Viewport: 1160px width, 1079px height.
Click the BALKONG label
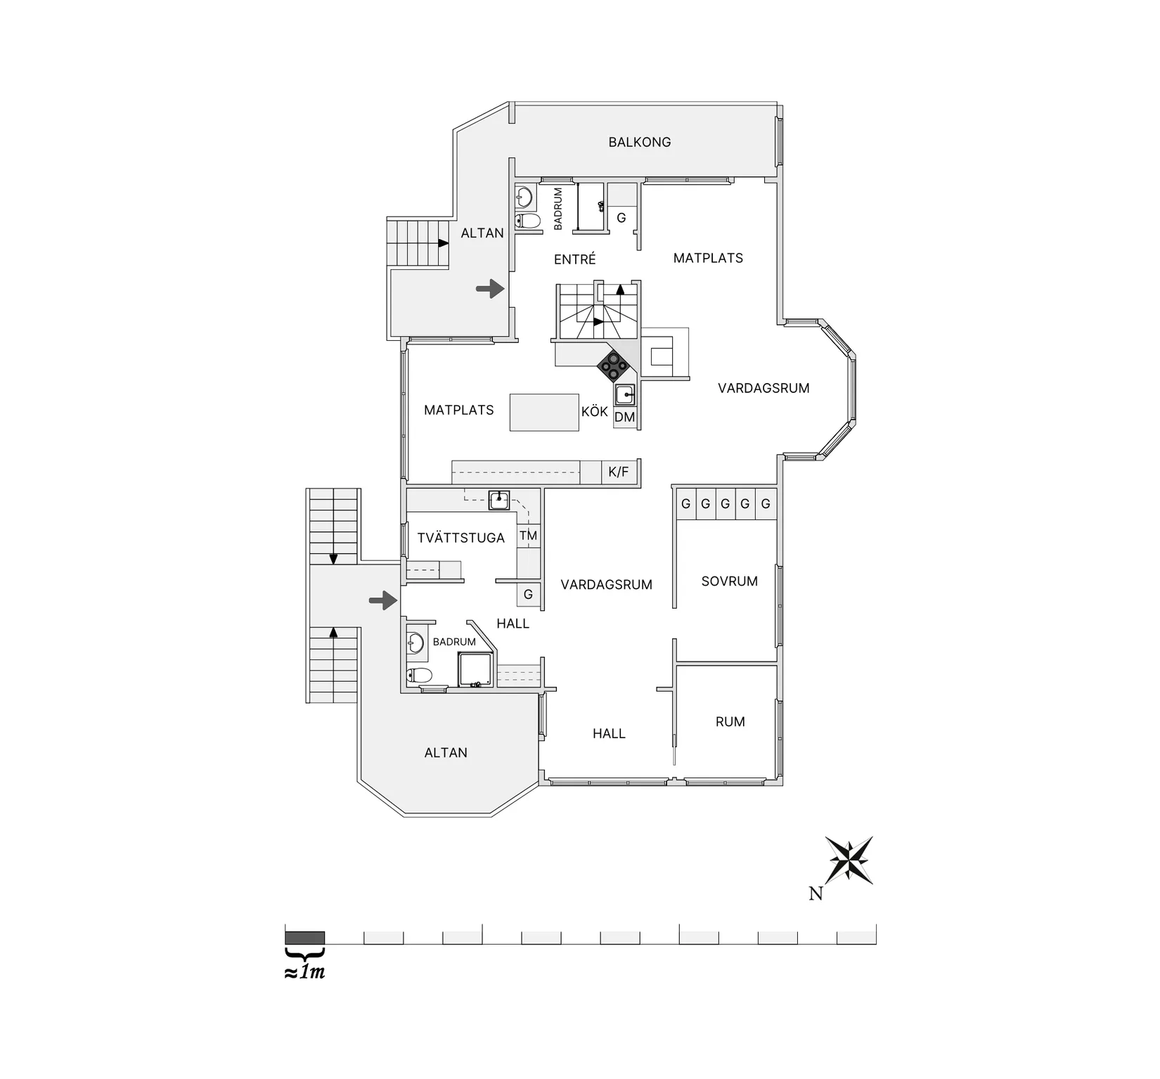click(639, 142)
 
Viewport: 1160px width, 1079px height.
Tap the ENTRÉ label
click(574, 259)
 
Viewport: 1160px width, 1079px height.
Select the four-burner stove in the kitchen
click(613, 366)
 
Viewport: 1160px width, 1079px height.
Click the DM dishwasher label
click(624, 417)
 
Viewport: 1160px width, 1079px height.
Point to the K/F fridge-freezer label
click(619, 472)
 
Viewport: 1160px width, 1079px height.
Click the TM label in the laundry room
click(528, 536)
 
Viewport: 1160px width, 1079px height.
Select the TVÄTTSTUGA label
click(460, 538)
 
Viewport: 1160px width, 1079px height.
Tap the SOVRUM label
click(729, 581)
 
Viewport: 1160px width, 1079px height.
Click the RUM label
click(730, 722)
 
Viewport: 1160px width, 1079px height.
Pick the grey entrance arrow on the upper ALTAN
click(490, 288)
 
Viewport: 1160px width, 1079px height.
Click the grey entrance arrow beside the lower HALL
click(383, 600)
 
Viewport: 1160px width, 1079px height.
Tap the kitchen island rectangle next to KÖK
click(544, 413)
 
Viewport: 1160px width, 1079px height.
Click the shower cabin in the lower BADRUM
click(476, 669)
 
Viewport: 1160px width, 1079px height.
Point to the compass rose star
click(849, 860)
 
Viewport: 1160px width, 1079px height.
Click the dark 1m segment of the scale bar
click(304, 938)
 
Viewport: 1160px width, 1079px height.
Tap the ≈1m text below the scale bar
click(304, 973)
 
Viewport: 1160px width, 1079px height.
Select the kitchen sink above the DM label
click(625, 395)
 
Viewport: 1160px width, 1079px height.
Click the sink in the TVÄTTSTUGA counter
click(499, 500)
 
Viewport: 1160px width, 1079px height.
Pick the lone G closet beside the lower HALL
click(528, 595)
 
